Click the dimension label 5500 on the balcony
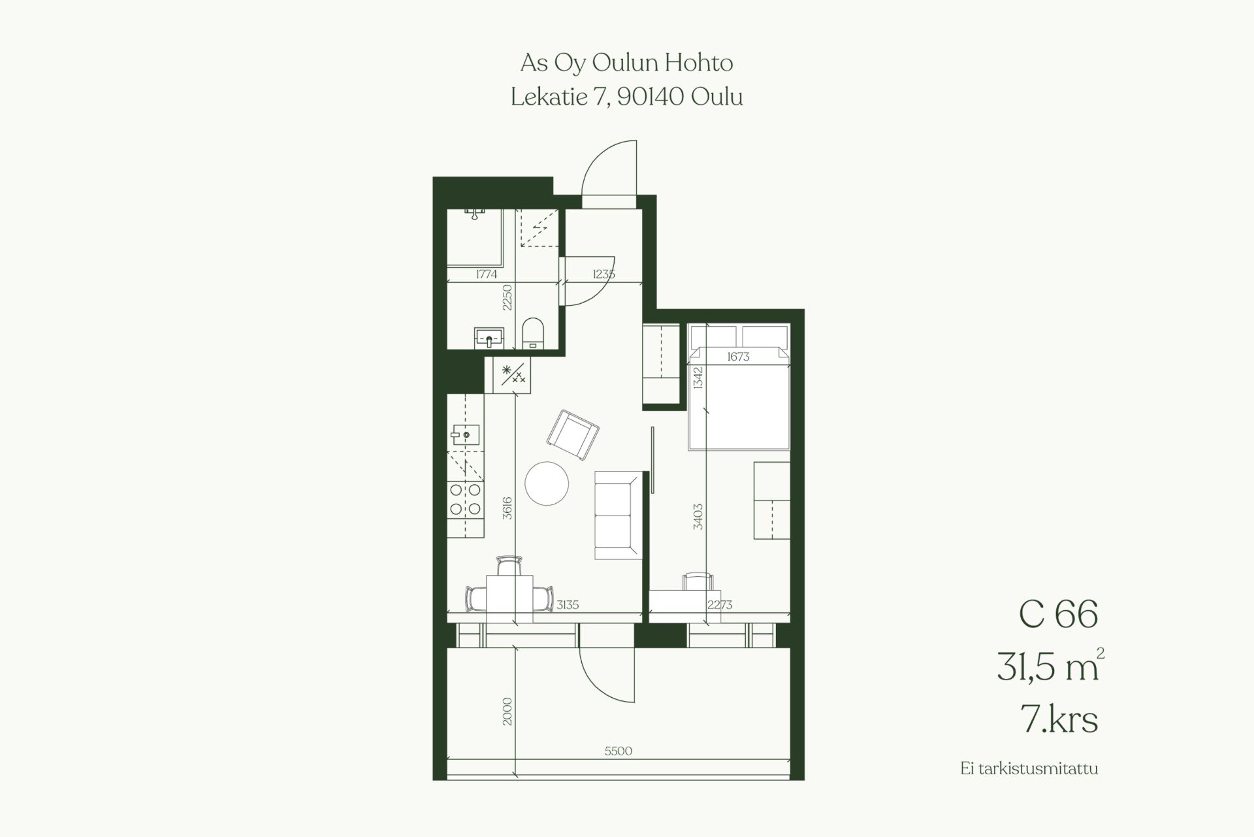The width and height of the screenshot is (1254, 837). [618, 751]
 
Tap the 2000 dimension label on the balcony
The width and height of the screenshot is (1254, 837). [507, 712]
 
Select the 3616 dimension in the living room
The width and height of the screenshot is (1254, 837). [507, 508]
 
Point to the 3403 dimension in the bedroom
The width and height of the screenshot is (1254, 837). [698, 516]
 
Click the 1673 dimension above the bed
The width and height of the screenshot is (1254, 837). [738, 357]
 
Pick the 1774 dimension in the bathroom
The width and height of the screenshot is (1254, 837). [486, 274]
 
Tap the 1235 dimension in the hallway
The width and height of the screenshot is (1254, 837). [603, 274]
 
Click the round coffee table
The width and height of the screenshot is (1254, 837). [547, 484]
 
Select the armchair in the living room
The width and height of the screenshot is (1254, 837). [573, 435]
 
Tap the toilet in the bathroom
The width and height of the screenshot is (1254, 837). [533, 333]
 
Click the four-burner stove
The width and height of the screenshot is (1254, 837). [465, 499]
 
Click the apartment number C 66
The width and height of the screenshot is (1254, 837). [1058, 615]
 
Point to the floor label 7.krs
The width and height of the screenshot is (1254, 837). [1059, 719]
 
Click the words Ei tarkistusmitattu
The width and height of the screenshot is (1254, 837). [1029, 768]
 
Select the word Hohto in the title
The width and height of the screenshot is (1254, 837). [699, 63]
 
